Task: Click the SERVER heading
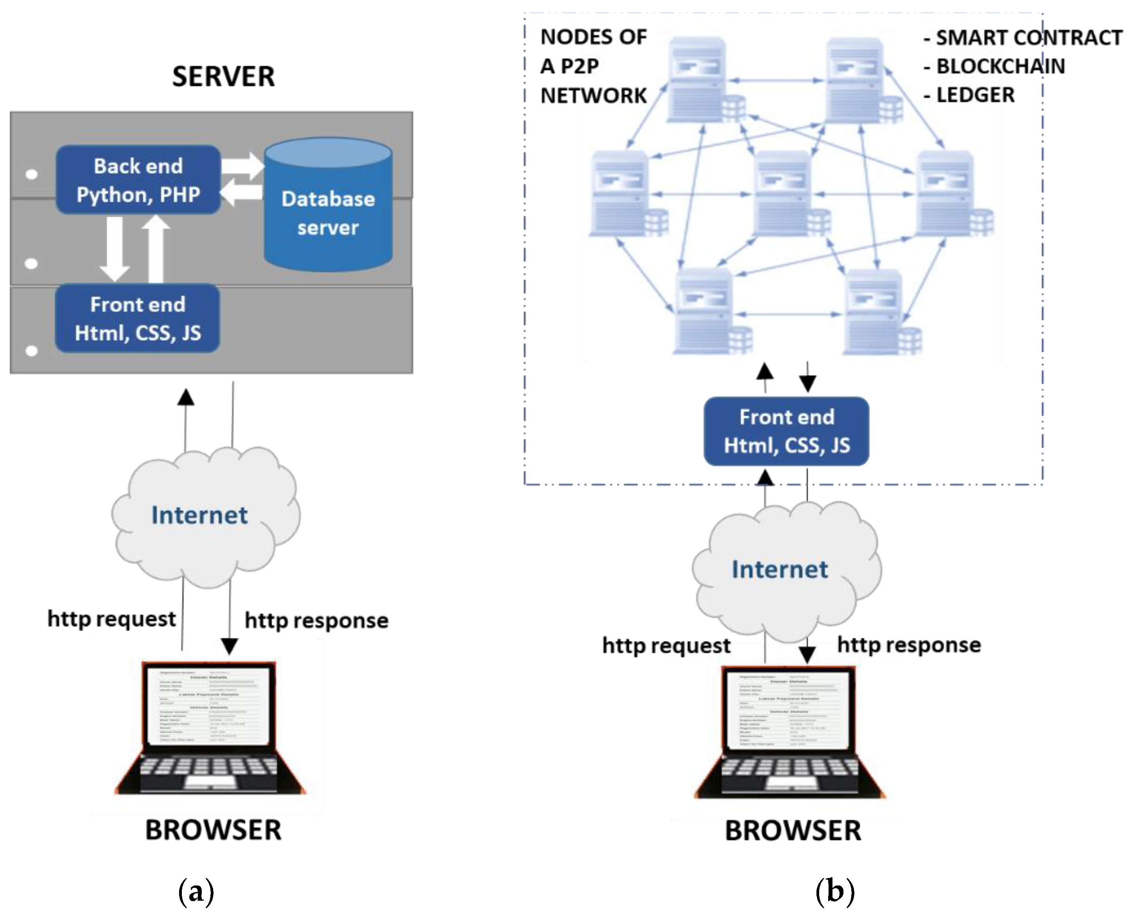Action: (223, 77)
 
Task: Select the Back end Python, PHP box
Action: (138, 180)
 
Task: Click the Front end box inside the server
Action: (138, 318)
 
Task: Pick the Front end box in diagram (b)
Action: (786, 431)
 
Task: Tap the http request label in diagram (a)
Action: (111, 619)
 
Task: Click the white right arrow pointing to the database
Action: (242, 166)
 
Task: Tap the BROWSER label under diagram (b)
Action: (793, 831)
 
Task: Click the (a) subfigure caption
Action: (196, 891)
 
